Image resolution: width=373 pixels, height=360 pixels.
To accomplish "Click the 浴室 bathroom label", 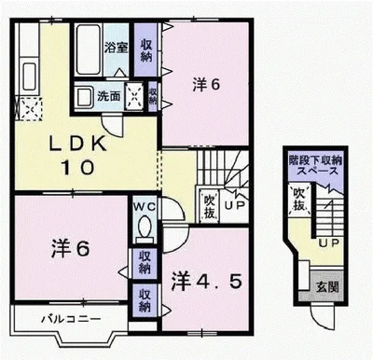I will [x=115, y=47].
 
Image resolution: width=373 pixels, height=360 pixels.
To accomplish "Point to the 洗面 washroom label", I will [x=109, y=95].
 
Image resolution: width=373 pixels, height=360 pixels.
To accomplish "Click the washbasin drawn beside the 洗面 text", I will [x=84, y=95].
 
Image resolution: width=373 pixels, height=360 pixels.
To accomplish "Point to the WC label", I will [x=145, y=205].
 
